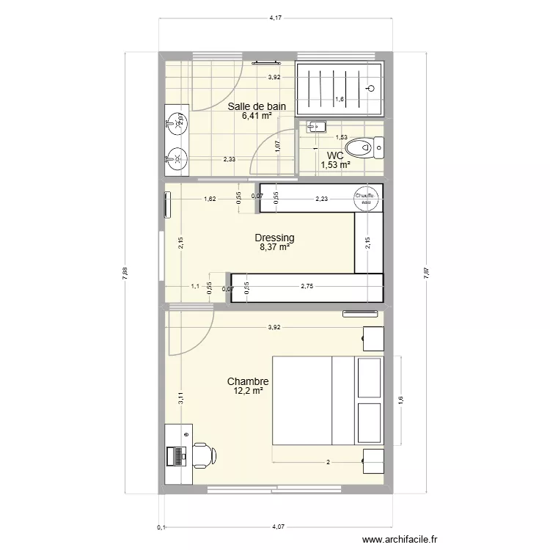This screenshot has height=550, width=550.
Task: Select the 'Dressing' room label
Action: click(274, 238)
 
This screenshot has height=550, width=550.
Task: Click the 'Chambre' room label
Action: click(248, 381)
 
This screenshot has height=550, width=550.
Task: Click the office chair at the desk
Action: click(203, 455)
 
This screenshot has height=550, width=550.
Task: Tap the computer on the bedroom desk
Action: click(177, 456)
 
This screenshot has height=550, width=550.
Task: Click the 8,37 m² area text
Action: click(274, 248)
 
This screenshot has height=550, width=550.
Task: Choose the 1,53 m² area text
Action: click(335, 165)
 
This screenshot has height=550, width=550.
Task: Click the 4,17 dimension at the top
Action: click(276, 18)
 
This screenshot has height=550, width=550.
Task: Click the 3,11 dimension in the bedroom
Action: click(180, 399)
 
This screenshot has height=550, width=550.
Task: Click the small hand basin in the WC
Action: click(316, 127)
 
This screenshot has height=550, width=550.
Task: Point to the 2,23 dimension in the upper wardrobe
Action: click(322, 199)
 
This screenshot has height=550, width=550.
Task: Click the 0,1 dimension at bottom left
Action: click(161, 527)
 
